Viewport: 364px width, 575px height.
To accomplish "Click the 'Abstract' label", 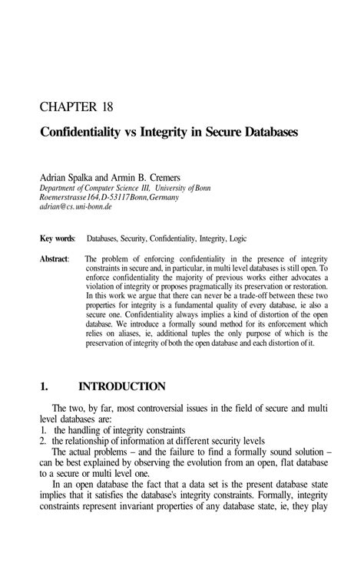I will (55, 259).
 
